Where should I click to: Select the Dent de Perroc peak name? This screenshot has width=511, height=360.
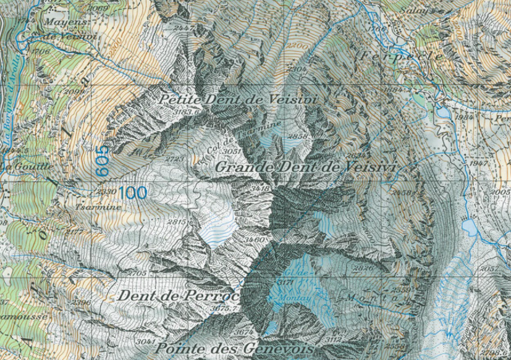177,296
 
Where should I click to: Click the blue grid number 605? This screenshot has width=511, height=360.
103,159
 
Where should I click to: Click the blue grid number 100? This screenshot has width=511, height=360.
133,193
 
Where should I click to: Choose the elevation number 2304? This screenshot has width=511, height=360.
297,69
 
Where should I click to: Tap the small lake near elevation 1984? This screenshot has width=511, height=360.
442,113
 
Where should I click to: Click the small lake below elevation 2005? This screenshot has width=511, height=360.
471,229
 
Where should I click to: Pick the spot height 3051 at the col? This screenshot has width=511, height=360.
232,151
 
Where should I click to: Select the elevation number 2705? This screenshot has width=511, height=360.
137,273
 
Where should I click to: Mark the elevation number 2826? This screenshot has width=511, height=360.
365,268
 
